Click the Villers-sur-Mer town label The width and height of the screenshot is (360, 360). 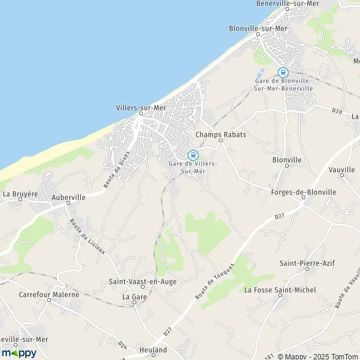[140, 108]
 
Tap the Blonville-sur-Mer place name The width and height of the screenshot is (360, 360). [259, 28]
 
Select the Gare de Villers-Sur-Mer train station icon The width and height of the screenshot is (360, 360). [192, 155]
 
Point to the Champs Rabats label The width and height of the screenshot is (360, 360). [221, 134]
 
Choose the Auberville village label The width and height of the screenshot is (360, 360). [68, 196]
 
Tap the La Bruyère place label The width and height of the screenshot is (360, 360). [20, 194]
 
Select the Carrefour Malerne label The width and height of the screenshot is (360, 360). [49, 295]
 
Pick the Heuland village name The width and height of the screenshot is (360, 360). [152, 349]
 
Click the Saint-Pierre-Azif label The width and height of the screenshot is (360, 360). [307, 263]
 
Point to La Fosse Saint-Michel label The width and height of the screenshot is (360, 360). [280, 290]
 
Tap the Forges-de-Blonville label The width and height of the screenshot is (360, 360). [304, 192]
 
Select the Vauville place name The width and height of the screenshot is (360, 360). [342, 170]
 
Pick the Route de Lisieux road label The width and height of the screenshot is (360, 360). [79, 236]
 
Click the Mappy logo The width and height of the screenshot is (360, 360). [19, 353]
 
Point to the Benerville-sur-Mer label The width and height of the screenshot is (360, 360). [296, 4]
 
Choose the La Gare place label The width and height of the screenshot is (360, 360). [134, 296]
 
